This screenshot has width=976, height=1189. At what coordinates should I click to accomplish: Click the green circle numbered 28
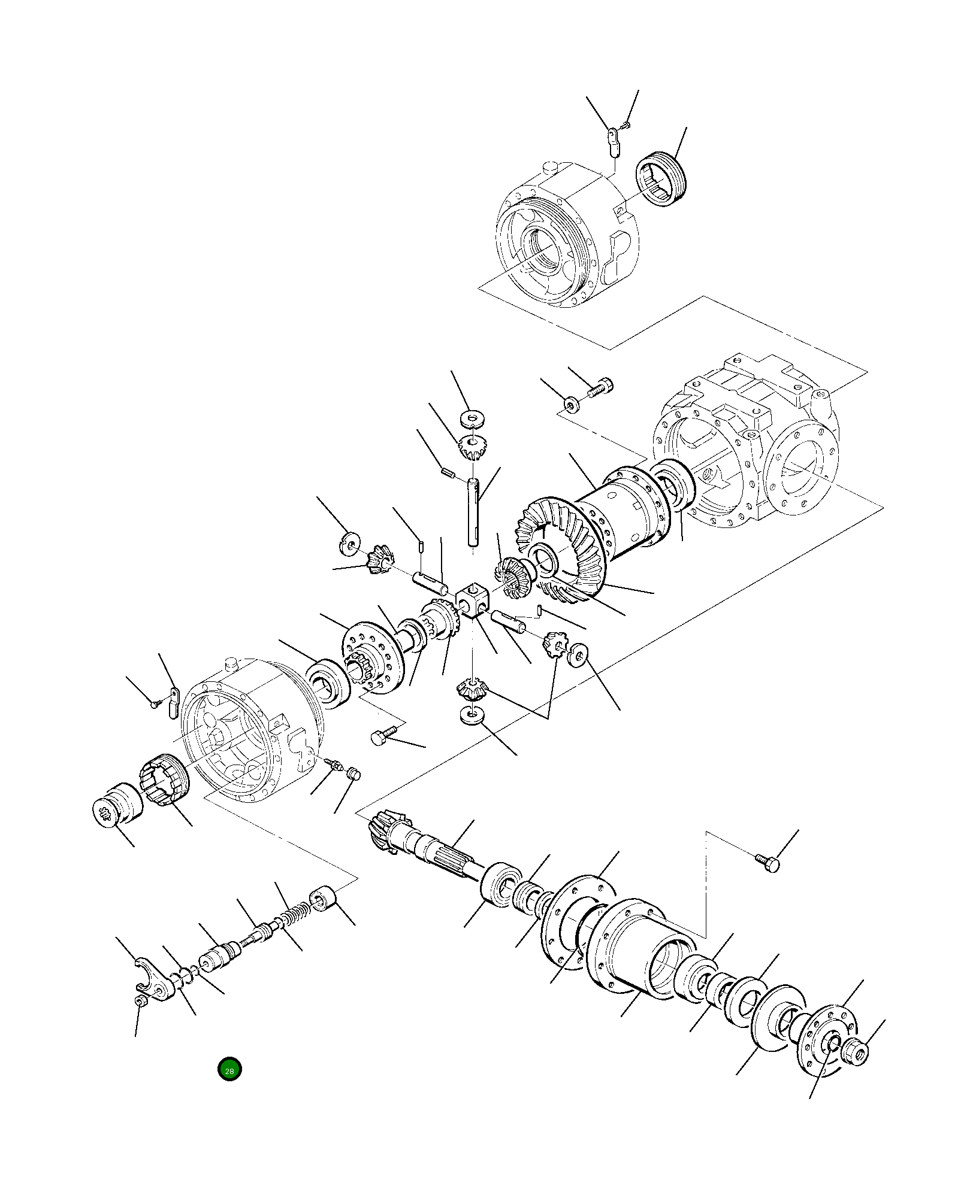click(x=229, y=1069)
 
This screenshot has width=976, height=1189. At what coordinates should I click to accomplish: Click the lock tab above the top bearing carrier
click(x=612, y=141)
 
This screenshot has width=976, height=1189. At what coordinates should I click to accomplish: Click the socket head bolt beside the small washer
click(x=600, y=387)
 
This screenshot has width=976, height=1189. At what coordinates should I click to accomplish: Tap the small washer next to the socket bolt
click(x=571, y=405)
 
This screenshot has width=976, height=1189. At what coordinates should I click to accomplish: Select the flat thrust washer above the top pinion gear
click(x=473, y=417)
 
